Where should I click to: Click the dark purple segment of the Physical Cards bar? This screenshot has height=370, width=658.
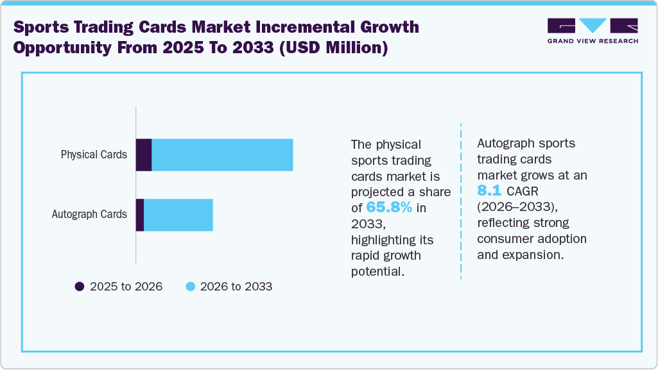coord(144,155)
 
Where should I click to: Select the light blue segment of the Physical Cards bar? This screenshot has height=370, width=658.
coord(222,155)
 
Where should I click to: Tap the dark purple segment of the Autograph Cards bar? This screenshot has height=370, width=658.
coord(140,215)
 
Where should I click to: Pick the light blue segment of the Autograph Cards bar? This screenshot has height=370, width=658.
coord(178,215)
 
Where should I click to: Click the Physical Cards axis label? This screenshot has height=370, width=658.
coord(94,155)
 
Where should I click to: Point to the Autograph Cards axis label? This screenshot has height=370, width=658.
coord(89,215)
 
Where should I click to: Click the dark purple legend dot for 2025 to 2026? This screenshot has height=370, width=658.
coord(80,287)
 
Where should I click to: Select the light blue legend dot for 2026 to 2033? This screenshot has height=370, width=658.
coord(190,287)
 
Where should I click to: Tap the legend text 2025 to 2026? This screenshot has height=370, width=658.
coord(126,287)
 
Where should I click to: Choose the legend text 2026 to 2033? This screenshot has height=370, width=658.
coord(236,287)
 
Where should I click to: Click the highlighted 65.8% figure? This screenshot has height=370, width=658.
coord(390,207)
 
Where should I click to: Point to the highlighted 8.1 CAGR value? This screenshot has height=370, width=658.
coord(489,190)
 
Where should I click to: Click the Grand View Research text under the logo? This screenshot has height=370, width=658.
coord(593,41)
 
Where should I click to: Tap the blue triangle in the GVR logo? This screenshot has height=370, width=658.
coord(593,26)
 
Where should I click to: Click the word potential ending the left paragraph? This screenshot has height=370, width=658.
coord(378,271)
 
